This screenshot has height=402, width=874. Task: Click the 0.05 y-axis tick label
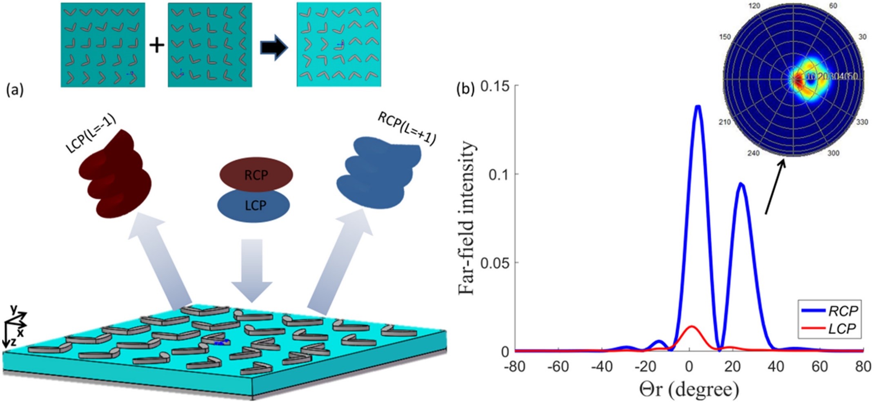point(494,263)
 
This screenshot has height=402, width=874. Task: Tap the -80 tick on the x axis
point(515,367)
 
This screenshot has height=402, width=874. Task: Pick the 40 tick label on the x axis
point(776,367)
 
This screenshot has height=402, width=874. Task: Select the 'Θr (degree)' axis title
point(689,390)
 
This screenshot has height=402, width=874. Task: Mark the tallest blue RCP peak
point(698,107)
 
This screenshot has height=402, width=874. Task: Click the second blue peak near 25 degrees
point(741,185)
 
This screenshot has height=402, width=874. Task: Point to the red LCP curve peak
point(691,326)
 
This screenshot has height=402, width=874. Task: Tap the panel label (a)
point(15,90)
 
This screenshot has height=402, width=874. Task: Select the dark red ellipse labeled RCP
point(256,174)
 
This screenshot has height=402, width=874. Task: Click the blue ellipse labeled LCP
point(254,205)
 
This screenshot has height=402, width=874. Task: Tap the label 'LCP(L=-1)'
point(91,133)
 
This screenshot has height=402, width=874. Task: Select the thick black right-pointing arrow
point(274,48)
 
